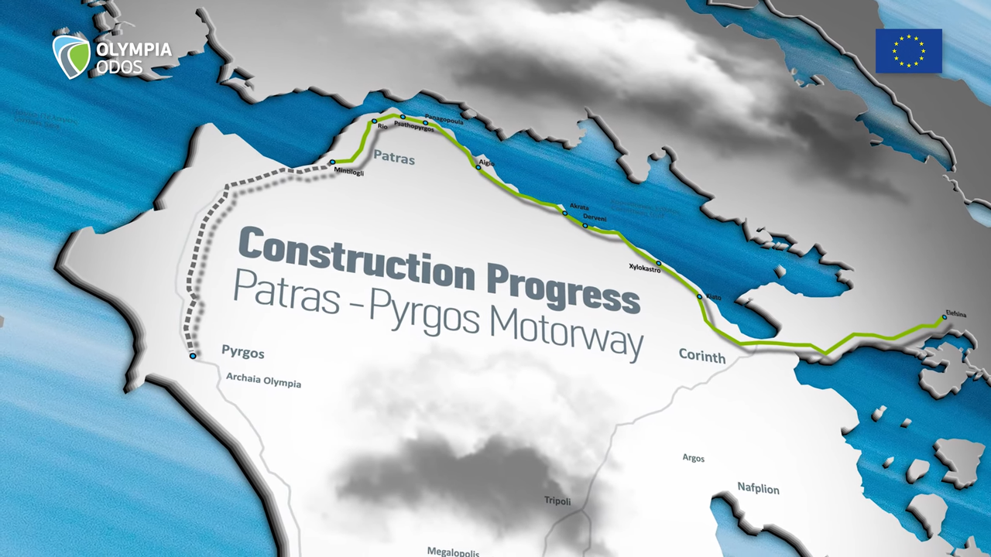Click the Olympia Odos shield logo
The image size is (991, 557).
71,56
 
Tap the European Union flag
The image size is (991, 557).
909,51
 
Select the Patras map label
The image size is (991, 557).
394,159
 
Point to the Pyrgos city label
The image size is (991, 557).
242,353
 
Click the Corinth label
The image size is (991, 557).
701,357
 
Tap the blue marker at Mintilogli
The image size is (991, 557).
332,162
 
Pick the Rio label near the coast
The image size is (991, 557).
382,127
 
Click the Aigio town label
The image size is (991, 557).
486,163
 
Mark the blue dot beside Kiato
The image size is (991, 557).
699,296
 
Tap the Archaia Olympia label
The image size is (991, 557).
263,381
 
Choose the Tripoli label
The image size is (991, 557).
557,501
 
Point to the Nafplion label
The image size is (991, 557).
758,489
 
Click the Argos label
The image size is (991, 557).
694,458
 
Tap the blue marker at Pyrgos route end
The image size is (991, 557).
192,356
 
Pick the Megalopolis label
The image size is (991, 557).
453,552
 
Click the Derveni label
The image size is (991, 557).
594,218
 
